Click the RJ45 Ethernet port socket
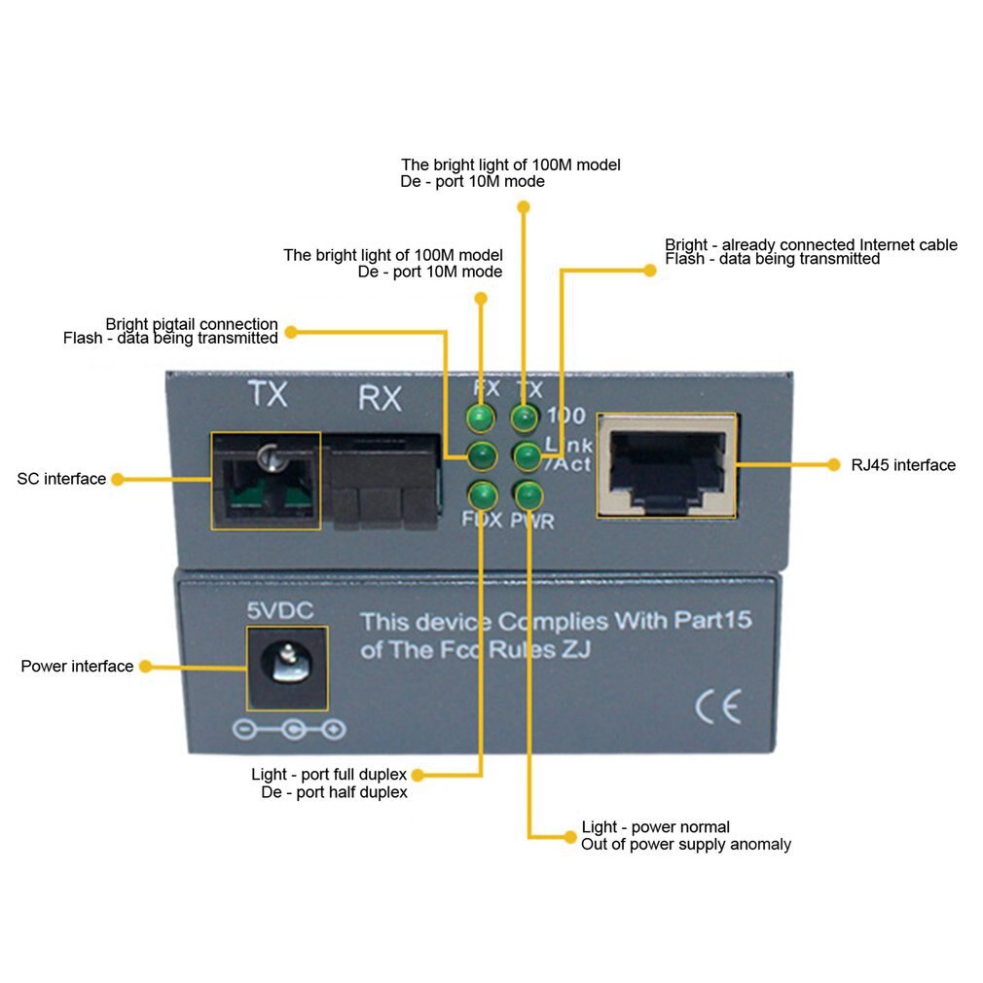(x=667, y=464)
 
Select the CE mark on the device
(x=718, y=706)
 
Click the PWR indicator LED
(x=528, y=494)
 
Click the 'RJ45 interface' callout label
(x=903, y=465)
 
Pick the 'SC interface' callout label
(x=61, y=479)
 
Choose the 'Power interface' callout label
(x=77, y=667)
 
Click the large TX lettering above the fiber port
(x=267, y=394)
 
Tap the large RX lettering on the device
(x=380, y=399)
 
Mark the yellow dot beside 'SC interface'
(x=117, y=479)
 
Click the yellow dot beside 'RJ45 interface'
(x=833, y=465)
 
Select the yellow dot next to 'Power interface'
(x=144, y=667)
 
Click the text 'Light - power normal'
(x=655, y=827)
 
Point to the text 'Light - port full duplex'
(x=329, y=775)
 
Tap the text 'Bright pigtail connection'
(x=192, y=324)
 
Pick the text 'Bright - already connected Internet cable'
(x=811, y=245)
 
